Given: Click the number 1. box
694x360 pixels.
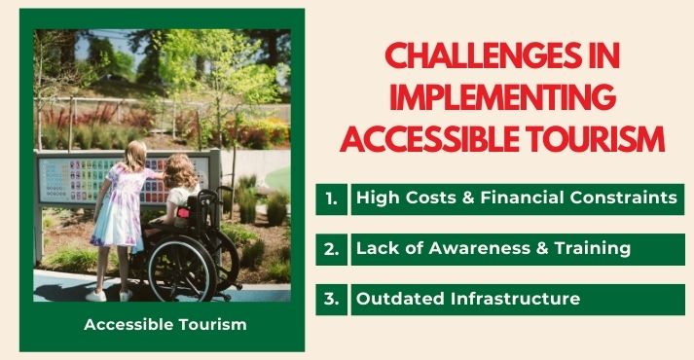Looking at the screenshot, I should [x=332, y=198].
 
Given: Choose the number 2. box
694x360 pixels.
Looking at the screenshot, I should [x=332, y=248].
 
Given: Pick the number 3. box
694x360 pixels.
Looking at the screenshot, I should [x=332, y=299].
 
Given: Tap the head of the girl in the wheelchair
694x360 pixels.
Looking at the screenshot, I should [x=181, y=171].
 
